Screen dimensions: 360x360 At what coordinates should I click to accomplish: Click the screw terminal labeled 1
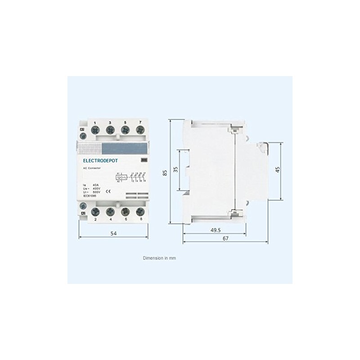pyautogui.click(x=95, y=130)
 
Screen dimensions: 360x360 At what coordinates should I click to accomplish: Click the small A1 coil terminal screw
pyautogui.click(x=82, y=136)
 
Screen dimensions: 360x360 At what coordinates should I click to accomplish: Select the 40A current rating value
pyautogui.click(x=95, y=184)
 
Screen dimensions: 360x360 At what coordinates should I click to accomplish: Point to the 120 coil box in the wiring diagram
pyautogui.click(x=122, y=177)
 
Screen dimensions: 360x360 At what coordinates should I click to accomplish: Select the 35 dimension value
pyautogui.click(x=175, y=170)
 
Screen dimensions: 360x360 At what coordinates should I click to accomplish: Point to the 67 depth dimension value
pyautogui.click(x=225, y=239)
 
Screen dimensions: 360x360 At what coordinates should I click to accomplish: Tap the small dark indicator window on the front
pyautogui.click(x=144, y=159)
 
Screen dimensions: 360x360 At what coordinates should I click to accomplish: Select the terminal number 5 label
pyautogui.click(x=125, y=123)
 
